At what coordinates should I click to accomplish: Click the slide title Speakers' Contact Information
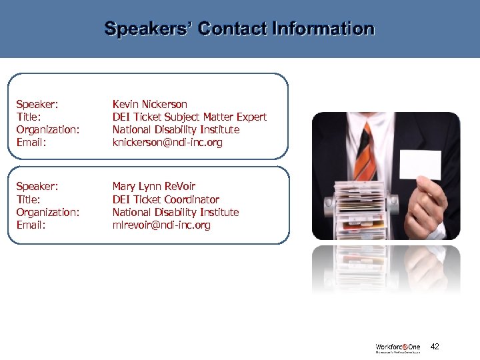[239, 29]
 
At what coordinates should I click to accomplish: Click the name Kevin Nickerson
[149, 104]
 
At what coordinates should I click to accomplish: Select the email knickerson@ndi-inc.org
[167, 143]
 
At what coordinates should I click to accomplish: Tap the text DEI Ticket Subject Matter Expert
[189, 117]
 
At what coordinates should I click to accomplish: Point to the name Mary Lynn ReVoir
[153, 186]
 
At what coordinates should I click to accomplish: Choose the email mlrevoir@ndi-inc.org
[161, 225]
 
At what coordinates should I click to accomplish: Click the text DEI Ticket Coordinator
[165, 199]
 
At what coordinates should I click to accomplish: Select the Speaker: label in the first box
[37, 104]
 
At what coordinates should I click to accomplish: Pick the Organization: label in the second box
[48, 212]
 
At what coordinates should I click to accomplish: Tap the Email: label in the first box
[31, 143]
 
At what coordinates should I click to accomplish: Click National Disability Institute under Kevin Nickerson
[176, 130]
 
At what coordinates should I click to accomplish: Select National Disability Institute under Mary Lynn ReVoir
[176, 212]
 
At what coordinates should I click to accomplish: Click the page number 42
[435, 347]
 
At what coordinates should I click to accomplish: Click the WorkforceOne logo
[397, 348]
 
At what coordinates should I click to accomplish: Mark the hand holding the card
[427, 200]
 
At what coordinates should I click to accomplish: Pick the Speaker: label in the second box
[37, 186]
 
